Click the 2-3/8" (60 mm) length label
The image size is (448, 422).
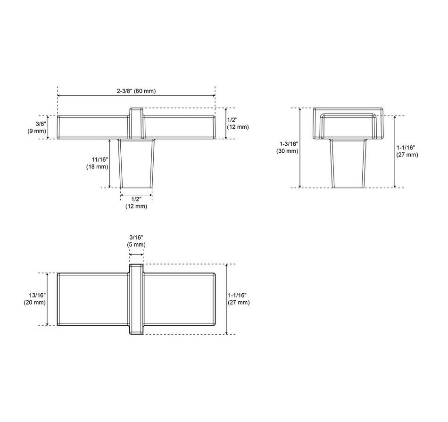pyautogui.click(x=136, y=91)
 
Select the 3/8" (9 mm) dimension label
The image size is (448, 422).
pyautogui.click(x=37, y=127)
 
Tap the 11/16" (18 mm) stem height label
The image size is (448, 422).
pyautogui.click(x=97, y=163)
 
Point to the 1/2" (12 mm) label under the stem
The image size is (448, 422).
pyautogui.click(x=136, y=203)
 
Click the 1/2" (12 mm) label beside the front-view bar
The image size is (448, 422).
pyautogui.click(x=238, y=123)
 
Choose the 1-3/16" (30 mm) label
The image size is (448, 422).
pyautogui.click(x=287, y=148)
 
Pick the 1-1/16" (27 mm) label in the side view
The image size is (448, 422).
pyautogui.click(x=407, y=151)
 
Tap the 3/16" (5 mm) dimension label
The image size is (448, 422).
pyautogui.click(x=136, y=241)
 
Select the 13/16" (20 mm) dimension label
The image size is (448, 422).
pyautogui.click(x=34, y=299)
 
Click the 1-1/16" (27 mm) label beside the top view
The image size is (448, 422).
pyautogui.click(x=239, y=299)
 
